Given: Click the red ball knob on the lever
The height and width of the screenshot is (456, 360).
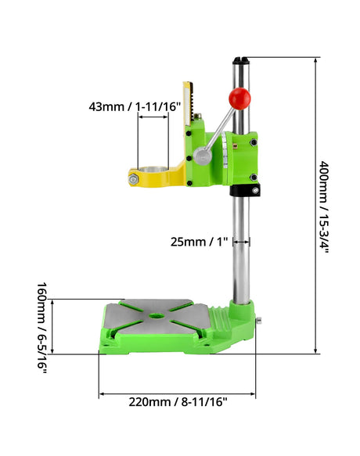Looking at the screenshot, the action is (239, 99).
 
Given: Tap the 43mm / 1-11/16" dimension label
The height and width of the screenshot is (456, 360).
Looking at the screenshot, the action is (135, 106).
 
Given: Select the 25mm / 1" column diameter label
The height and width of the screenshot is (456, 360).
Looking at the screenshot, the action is (199, 242).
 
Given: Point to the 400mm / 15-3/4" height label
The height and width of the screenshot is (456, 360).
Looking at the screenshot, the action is (324, 206).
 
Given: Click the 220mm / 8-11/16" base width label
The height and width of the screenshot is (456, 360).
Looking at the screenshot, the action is (178, 402).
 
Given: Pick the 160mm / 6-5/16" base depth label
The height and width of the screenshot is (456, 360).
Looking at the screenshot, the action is (42, 328).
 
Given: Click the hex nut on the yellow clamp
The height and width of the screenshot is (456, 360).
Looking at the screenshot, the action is (133, 179).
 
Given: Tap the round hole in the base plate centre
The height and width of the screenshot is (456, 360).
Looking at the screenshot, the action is (157, 315).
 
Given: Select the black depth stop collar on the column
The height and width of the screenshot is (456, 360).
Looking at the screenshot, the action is (245, 190).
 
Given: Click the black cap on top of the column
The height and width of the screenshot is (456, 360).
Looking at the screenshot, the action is (241, 60).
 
